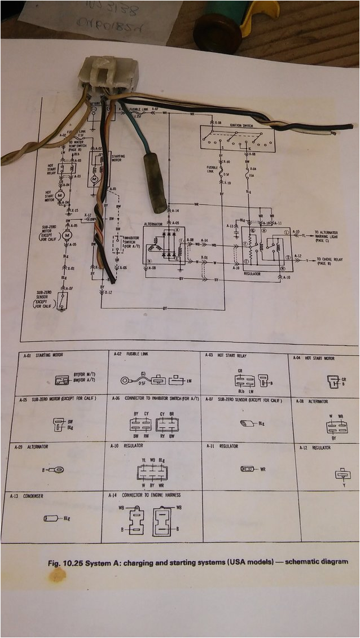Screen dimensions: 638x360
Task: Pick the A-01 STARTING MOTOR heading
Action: [x=44, y=356]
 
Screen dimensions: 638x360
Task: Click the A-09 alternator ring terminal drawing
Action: [x=56, y=469]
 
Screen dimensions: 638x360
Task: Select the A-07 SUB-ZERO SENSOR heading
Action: [x=243, y=400]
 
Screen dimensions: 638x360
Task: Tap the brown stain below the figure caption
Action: [x=56, y=575]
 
